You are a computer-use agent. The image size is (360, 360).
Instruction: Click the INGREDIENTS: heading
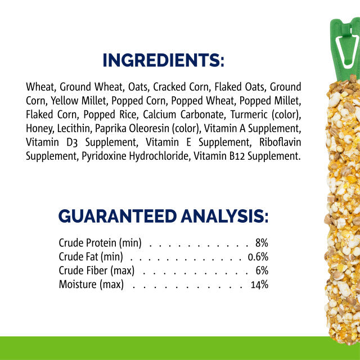click(163, 60)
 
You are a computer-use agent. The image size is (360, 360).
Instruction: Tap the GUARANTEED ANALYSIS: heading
click(163, 215)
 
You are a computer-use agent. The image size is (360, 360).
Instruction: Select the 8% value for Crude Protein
click(261, 243)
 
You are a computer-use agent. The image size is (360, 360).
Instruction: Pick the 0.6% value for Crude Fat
click(258, 257)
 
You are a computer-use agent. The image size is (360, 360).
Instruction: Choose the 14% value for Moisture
click(259, 285)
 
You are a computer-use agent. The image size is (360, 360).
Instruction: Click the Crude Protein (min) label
click(100, 243)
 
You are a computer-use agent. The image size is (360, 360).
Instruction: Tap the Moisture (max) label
click(91, 285)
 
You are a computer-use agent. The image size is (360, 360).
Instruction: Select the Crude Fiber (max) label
click(96, 271)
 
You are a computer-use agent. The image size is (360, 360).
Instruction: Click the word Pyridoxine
click(101, 156)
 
